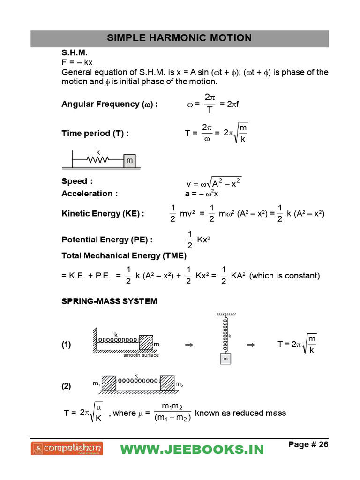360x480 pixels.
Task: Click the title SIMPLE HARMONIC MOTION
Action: (180, 38)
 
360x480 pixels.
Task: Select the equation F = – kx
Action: (77, 62)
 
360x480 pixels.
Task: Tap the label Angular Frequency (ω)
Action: (110, 104)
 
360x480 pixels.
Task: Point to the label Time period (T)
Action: (95, 133)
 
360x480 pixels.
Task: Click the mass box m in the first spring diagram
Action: (129, 161)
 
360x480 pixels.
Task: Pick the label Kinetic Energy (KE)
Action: (103, 214)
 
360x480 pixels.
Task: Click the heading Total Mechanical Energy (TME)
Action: (124, 256)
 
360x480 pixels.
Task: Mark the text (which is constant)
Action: (285, 276)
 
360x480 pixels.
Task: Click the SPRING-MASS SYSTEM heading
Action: (109, 301)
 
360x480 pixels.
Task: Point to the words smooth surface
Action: (141, 355)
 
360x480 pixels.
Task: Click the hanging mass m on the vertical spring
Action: (226, 359)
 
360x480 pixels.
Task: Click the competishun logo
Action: (67, 449)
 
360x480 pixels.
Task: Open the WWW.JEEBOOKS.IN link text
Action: (192, 449)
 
